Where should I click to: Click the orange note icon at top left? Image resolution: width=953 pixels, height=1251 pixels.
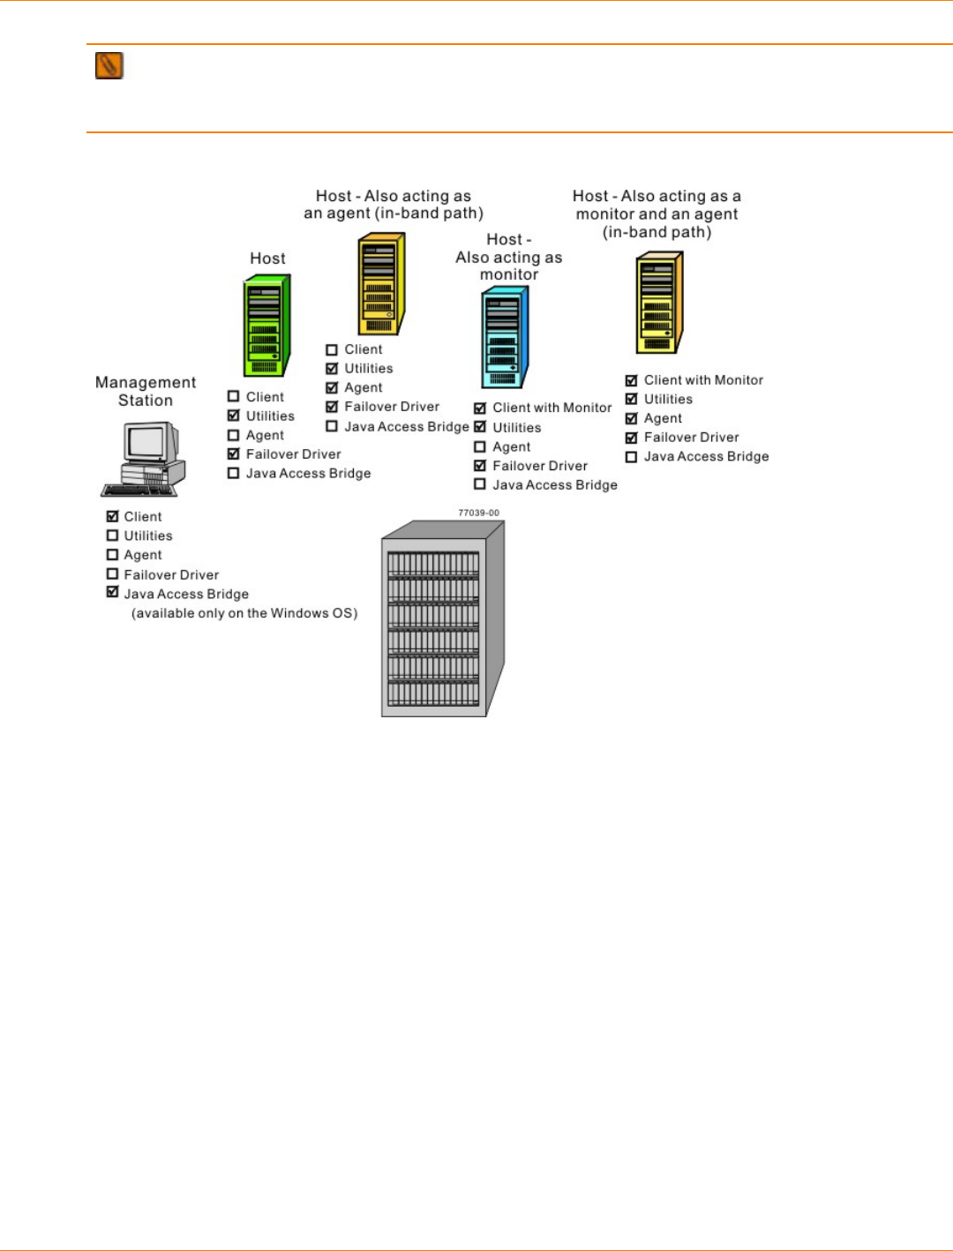tap(109, 65)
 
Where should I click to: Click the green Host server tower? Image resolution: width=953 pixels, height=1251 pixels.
tap(266, 326)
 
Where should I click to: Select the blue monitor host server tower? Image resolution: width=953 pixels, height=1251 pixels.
tap(504, 338)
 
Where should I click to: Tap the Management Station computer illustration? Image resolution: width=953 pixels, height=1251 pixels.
tap(144, 459)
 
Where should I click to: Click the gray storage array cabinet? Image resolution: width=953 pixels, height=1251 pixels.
tap(442, 618)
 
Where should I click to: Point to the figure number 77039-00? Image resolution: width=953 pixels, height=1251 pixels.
tap(478, 513)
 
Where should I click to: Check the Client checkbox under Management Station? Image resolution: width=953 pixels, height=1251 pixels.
tap(112, 516)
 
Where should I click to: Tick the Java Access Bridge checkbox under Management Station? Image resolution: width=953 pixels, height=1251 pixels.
tap(112, 593)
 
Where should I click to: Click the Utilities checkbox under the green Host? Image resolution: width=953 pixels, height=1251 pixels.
tap(234, 416)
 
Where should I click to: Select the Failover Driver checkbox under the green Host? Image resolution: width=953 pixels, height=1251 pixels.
tap(234, 453)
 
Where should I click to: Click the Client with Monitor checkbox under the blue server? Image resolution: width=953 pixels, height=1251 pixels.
tap(480, 408)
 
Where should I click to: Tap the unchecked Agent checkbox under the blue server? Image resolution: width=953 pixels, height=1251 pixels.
tap(480, 446)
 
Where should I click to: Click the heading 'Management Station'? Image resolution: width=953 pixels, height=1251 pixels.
tap(146, 391)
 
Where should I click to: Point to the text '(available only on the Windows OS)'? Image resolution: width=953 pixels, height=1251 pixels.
tap(244, 613)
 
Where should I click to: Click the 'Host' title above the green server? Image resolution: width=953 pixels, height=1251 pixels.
tap(267, 258)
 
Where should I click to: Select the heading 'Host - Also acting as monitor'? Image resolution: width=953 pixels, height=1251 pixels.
tap(509, 257)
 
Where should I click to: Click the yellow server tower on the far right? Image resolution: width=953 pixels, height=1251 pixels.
tap(659, 303)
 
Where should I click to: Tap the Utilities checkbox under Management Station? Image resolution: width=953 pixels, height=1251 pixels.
tap(112, 536)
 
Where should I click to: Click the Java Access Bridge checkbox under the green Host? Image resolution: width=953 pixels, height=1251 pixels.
tap(234, 473)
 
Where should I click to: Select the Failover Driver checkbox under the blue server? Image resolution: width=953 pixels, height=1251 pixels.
tap(480, 466)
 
